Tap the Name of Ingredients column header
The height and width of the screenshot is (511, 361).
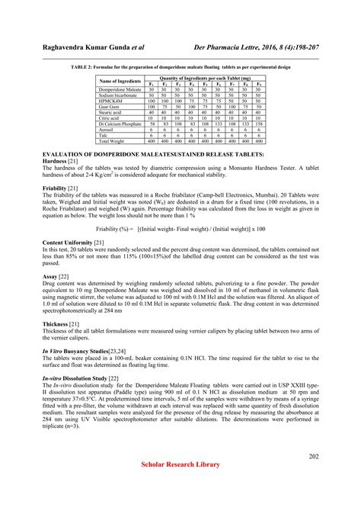pos(120,81)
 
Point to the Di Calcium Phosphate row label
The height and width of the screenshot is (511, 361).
pos(121,124)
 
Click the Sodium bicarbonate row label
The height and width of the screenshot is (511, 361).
pos(118,95)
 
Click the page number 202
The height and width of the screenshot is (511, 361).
pos(314,456)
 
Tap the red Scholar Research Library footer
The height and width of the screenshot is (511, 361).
pos(180,464)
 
